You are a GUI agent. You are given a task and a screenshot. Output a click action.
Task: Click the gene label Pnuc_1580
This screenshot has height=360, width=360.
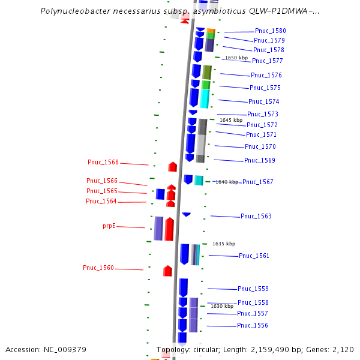click(270, 31)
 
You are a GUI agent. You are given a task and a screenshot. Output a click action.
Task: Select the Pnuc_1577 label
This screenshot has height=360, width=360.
click(267, 61)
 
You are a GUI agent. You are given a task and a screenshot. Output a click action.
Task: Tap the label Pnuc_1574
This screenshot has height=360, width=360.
click(263, 101)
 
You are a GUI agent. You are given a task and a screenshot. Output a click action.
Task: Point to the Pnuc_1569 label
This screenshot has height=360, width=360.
click(259, 160)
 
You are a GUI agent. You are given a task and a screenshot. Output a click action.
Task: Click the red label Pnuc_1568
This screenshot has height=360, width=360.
click(103, 162)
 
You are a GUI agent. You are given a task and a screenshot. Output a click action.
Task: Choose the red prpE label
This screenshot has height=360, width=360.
click(109, 226)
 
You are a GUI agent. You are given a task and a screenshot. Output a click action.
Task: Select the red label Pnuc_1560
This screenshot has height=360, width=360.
click(98, 268)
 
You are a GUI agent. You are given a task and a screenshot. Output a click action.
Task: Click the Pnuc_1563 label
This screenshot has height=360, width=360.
click(256, 216)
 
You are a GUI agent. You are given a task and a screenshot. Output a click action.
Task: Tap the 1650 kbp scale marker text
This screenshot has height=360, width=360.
click(236, 58)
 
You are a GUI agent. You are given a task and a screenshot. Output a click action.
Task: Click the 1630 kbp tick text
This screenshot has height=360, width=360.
click(221, 306)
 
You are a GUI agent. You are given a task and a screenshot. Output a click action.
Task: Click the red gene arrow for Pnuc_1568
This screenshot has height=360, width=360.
click(173, 167)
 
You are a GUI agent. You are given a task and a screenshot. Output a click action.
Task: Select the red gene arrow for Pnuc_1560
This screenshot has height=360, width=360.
click(168, 271)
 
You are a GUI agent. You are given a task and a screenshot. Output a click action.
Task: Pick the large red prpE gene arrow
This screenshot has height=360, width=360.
click(169, 229)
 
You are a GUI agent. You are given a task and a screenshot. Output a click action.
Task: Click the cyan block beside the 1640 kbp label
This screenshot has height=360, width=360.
click(199, 180)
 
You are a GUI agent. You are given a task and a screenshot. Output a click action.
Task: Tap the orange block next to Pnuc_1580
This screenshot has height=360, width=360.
click(210, 31)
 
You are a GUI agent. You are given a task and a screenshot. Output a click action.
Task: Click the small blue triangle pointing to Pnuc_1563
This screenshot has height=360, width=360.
click(186, 214)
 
